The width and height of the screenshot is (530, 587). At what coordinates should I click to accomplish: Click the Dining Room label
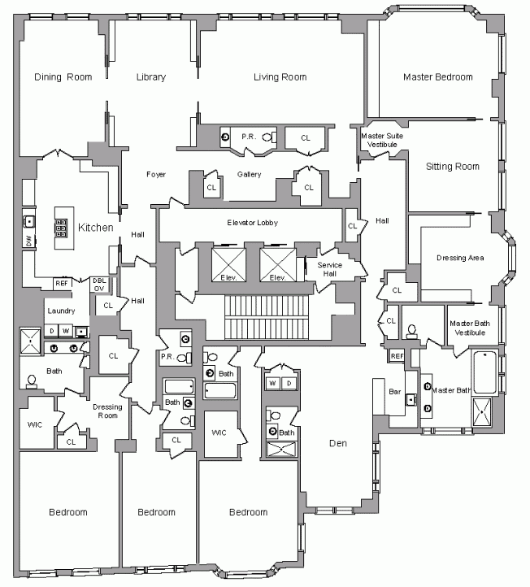(x=63, y=77)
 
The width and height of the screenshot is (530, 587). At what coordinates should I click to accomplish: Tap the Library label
(x=151, y=77)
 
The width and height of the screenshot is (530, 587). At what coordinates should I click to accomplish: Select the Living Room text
(x=280, y=77)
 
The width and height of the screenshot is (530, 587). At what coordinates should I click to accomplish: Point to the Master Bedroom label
(x=437, y=77)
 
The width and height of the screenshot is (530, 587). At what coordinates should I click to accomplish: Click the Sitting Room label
(x=453, y=167)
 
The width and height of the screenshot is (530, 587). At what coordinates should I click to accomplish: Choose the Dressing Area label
(x=460, y=258)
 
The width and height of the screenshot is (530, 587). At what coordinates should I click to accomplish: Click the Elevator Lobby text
(x=253, y=222)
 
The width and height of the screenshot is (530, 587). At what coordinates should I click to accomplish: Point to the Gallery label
(x=249, y=175)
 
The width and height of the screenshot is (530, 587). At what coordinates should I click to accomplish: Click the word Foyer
(x=156, y=175)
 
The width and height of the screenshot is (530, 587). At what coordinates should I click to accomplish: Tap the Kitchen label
(x=95, y=228)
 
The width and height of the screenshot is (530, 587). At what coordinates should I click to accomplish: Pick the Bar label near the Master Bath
(x=395, y=392)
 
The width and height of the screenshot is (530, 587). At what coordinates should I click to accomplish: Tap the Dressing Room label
(x=106, y=411)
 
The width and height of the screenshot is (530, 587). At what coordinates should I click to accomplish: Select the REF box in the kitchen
(x=61, y=284)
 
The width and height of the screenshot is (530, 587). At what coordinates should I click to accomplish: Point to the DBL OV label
(x=99, y=285)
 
